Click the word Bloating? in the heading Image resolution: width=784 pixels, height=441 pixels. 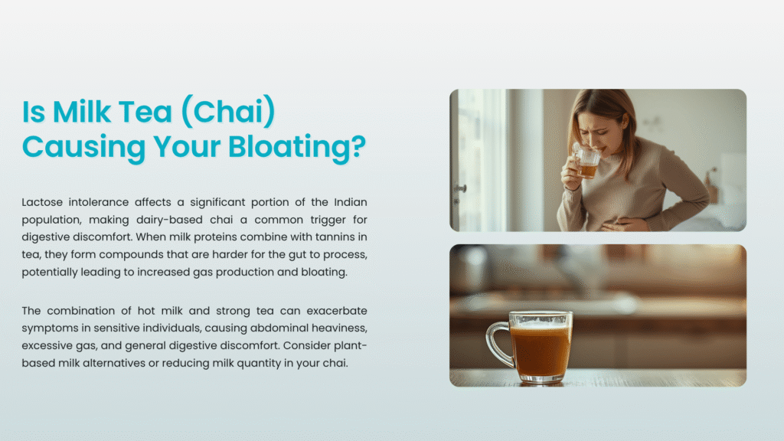pos(297,148)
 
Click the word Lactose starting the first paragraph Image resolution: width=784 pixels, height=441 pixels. pos(42,202)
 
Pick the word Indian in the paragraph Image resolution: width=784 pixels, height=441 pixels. pos(351,202)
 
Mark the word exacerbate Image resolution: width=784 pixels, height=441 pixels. pos(337,311)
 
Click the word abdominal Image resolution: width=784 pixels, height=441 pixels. pos(277,328)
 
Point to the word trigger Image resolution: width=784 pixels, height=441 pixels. pos(328,220)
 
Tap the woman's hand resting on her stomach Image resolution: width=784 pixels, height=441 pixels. pos(620,224)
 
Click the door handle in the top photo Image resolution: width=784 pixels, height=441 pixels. pos(460,189)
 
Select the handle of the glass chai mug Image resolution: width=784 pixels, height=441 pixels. pos(498,343)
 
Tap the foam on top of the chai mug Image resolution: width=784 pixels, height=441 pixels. pos(540,325)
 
